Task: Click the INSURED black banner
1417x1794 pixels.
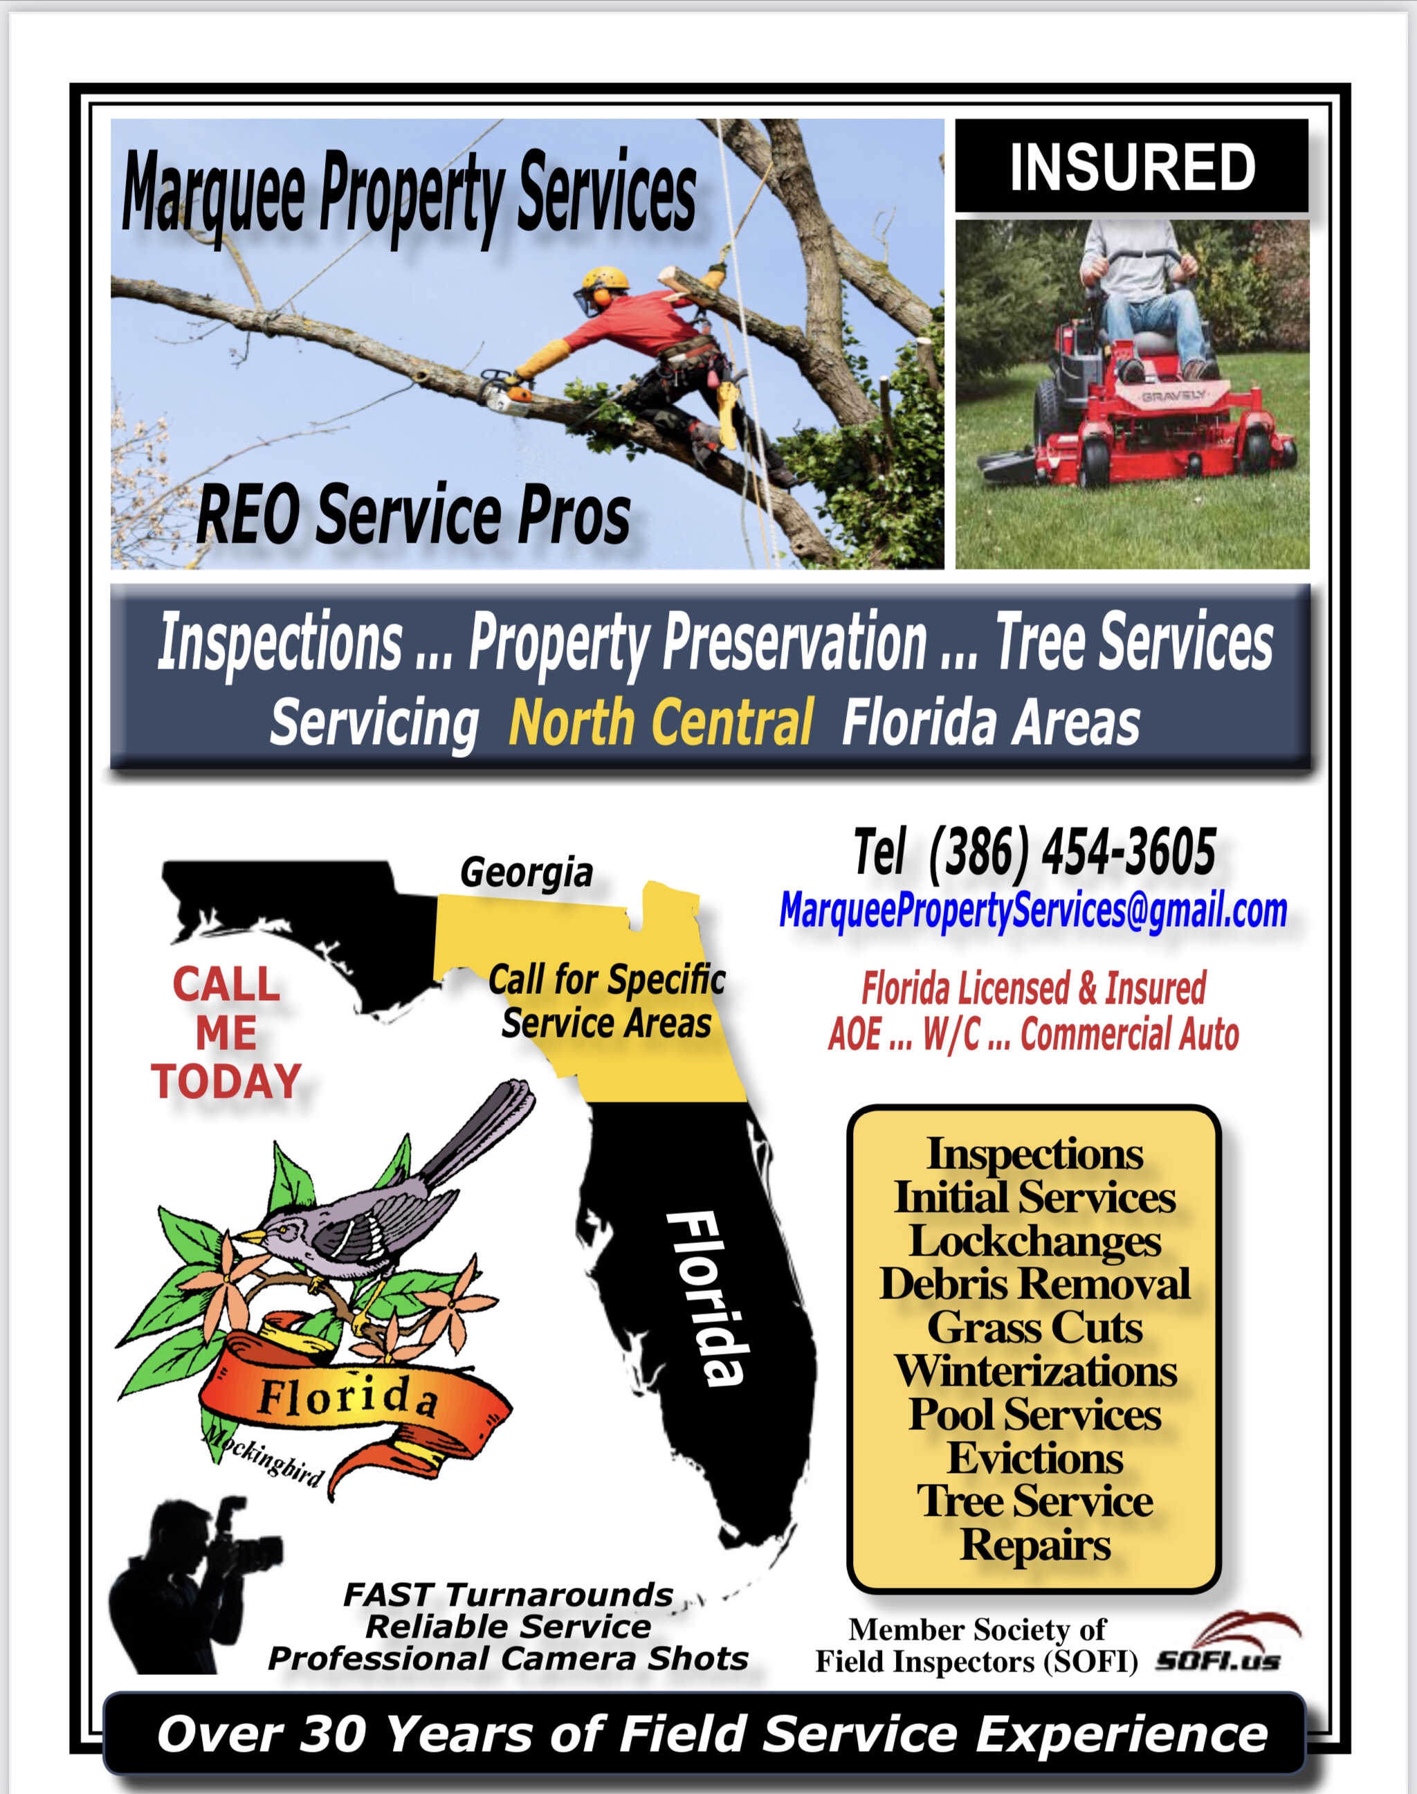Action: (1132, 166)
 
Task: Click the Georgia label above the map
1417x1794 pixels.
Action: (527, 872)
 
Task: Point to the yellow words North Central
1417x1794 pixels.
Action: (661, 722)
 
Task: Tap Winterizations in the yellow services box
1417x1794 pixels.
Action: (1035, 1371)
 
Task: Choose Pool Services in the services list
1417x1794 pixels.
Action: (1034, 1414)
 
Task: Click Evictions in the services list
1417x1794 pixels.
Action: (1035, 1458)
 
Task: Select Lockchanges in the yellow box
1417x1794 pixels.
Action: (1035, 1242)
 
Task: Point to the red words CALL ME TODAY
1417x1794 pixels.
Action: (226, 1033)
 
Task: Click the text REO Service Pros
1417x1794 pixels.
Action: (412, 516)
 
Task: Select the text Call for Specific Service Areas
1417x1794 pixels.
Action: (607, 1001)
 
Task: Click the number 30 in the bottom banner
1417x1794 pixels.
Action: (332, 1734)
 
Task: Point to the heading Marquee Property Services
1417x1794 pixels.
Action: (409, 192)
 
